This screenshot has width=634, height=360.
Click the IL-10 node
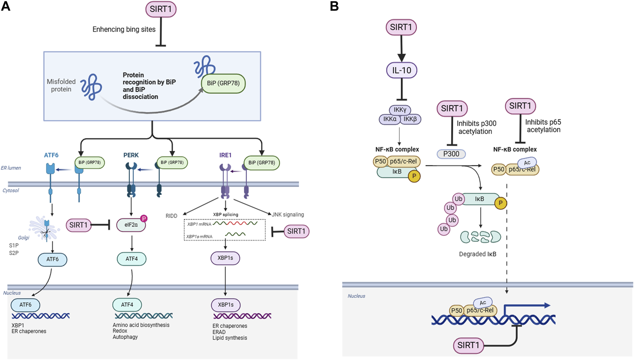[401, 70]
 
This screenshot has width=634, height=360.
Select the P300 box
[451, 154]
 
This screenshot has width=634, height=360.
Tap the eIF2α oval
[131, 225]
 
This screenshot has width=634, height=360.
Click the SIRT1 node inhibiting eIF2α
[78, 225]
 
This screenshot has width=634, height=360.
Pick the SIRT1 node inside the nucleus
[468, 345]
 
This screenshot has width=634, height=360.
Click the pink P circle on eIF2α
[143, 218]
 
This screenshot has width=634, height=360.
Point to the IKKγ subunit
[400, 110]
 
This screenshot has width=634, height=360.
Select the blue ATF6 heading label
[51, 155]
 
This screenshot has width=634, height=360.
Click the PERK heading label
[131, 155]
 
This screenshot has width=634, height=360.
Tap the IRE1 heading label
[225, 155]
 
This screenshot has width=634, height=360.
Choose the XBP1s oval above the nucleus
[225, 258]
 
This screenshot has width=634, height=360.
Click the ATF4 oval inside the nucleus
[127, 305]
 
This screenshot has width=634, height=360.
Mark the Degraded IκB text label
[477, 254]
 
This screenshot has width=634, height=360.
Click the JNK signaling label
[288, 215]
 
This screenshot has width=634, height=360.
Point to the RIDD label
[171, 216]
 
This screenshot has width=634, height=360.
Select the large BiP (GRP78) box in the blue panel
[223, 83]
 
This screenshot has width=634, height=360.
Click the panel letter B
[334, 6]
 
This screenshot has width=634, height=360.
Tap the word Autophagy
[125, 337]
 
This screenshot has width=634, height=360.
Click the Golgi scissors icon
[45, 232]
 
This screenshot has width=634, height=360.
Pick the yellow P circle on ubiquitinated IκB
[501, 203]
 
